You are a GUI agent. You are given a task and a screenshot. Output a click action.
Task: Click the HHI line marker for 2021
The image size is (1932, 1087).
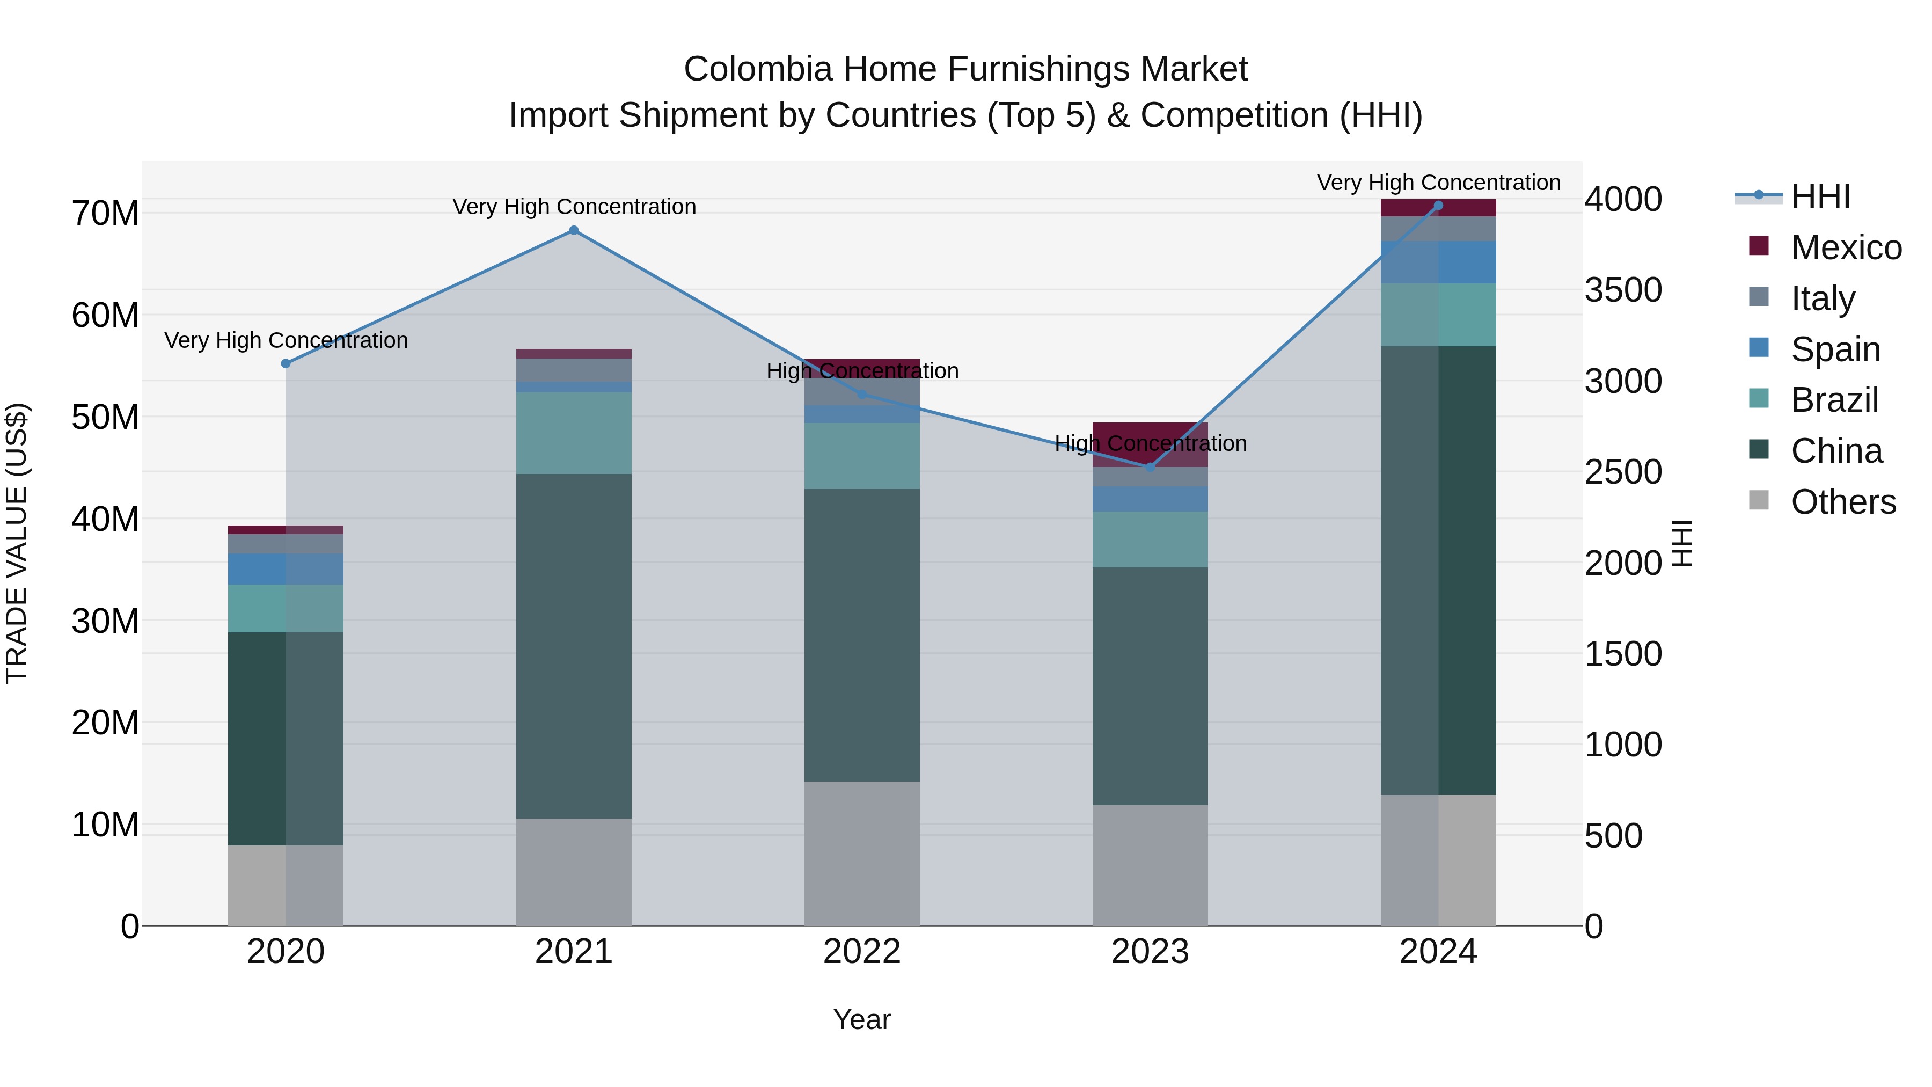point(574,230)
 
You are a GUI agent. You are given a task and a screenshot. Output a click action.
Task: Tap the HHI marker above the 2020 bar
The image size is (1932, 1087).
point(286,364)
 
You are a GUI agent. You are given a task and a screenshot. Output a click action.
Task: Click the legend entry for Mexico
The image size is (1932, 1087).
point(1846,247)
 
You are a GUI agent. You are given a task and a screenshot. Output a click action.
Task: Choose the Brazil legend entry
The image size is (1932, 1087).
point(1834,400)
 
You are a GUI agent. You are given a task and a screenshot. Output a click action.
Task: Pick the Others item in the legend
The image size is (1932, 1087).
point(1843,502)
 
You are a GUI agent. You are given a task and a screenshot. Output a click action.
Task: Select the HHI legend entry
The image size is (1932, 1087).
point(1820,196)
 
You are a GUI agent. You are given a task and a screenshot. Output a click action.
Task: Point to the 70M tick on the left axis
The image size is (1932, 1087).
point(105,214)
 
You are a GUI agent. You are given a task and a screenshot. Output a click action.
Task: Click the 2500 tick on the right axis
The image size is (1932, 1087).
point(1623,472)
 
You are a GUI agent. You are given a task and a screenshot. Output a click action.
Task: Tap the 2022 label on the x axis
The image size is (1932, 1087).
point(862,952)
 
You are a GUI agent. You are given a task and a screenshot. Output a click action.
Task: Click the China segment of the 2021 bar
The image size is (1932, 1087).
point(574,645)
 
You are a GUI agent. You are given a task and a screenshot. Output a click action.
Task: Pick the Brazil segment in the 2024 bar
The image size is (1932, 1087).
point(1438,315)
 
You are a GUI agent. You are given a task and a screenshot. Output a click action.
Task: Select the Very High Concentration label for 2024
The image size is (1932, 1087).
point(1438,183)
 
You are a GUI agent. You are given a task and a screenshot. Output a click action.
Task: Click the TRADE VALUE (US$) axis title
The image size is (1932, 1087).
point(17,543)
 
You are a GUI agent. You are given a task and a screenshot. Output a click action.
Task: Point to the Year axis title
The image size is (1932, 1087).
point(862,1019)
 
